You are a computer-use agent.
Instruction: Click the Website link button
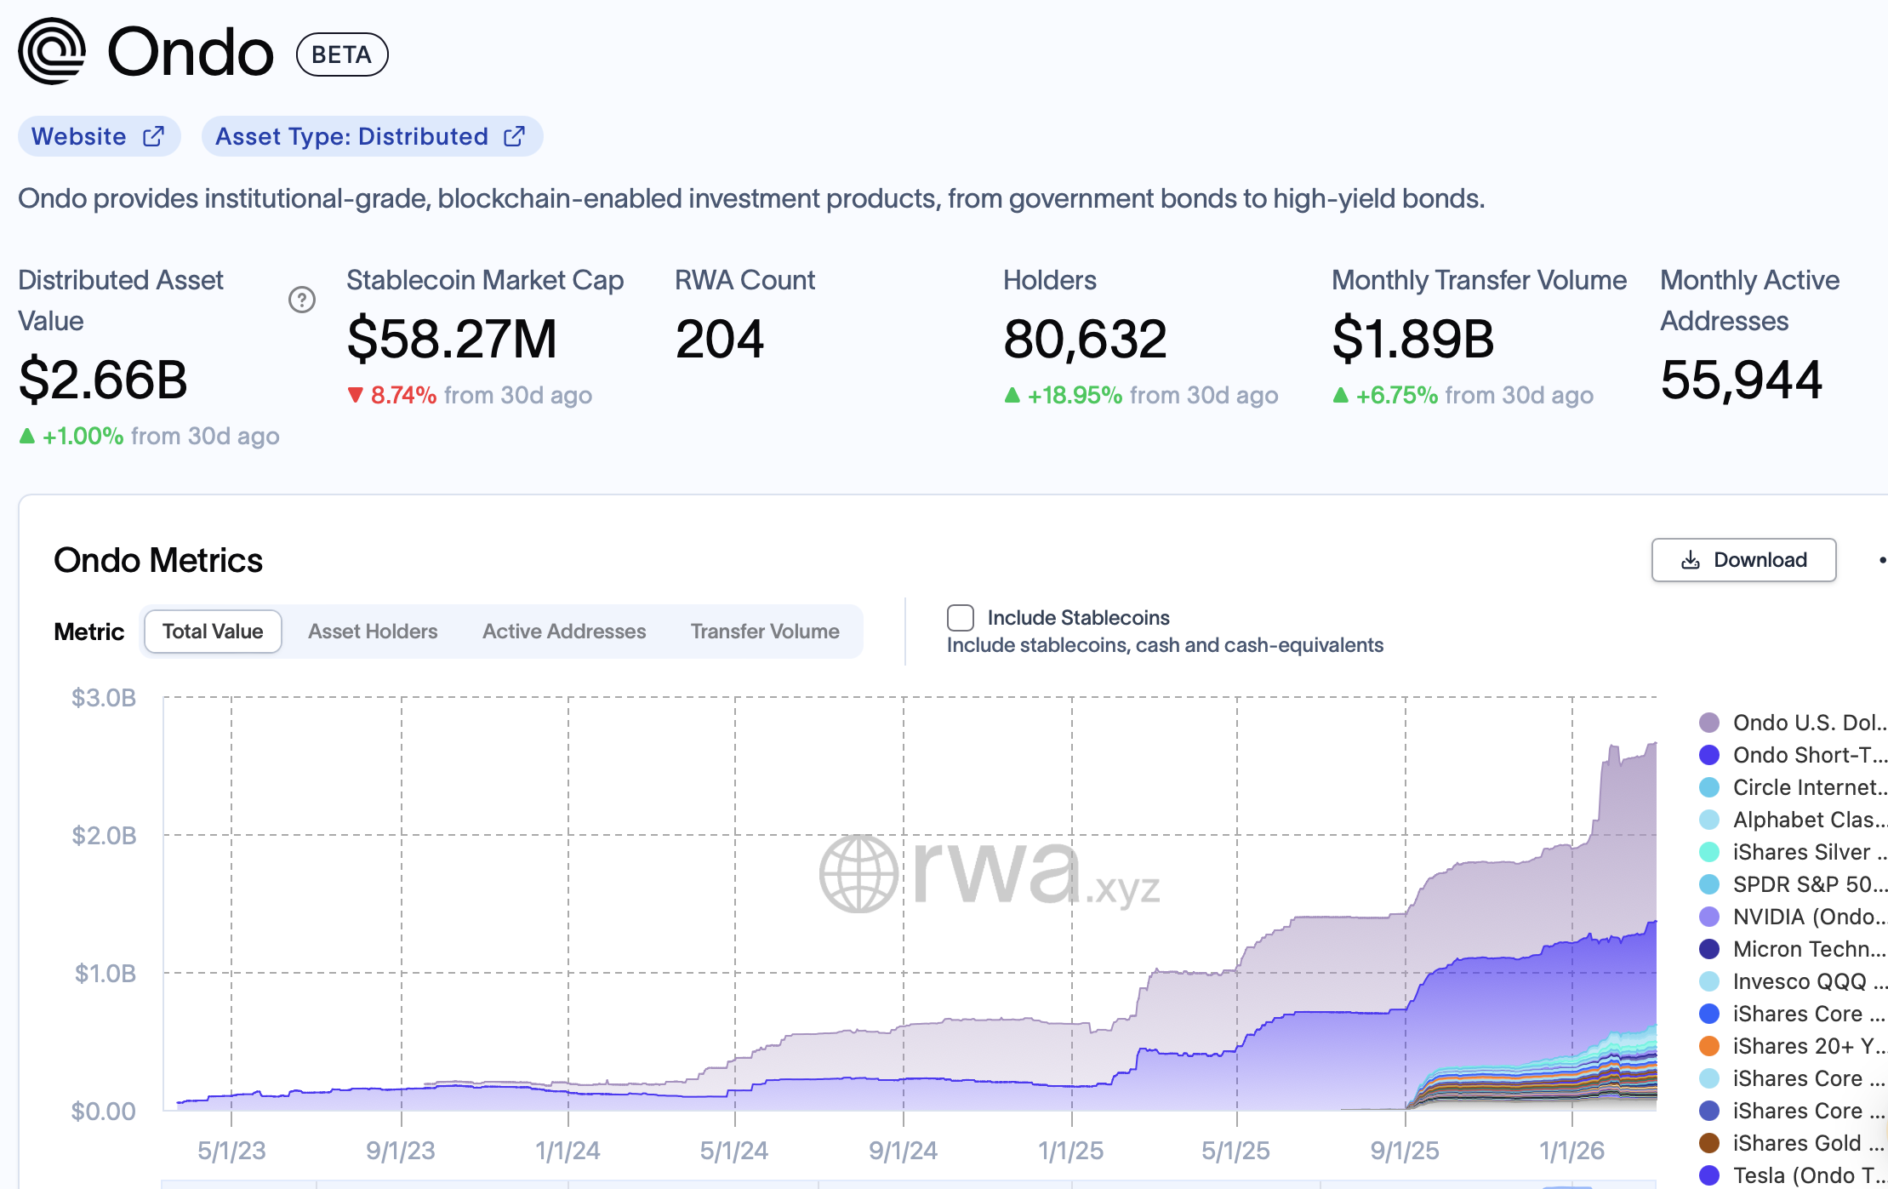coord(99,137)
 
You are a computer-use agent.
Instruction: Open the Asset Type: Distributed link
coord(371,137)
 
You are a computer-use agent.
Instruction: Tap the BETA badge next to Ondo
coord(342,54)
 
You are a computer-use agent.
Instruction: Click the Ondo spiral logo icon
coord(52,51)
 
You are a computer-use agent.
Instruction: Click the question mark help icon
coord(302,300)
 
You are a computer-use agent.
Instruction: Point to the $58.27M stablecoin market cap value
coord(451,339)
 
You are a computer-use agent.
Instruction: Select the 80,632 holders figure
coord(1085,339)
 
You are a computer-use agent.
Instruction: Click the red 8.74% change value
coord(403,396)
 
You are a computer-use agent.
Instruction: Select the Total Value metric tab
coord(213,632)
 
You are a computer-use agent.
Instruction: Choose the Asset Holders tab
coord(373,632)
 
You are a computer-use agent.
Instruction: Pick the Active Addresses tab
coord(564,632)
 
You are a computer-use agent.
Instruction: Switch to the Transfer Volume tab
coord(765,632)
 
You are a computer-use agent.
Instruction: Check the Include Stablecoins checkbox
coord(961,618)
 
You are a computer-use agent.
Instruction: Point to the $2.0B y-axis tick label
coord(104,836)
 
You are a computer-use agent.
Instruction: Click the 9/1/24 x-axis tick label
coord(903,1151)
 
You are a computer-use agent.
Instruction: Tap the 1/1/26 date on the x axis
coord(1571,1151)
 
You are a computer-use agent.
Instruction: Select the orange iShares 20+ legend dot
coord(1709,1046)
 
